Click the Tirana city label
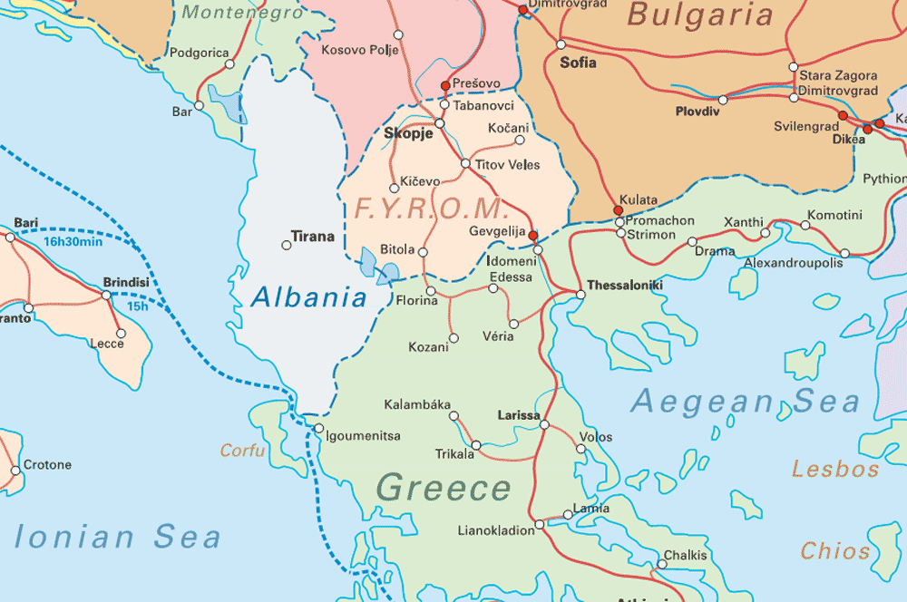tap(312, 238)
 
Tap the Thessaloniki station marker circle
tap(580, 294)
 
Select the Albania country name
tap(309, 296)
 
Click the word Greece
tap(444, 488)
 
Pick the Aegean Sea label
tap(745, 401)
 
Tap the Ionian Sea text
tap(118, 537)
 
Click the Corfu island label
tap(242, 451)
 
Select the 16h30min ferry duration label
tap(73, 242)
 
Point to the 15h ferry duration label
tap(137, 306)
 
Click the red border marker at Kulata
tap(619, 210)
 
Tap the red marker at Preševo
tap(445, 85)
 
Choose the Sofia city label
tap(579, 63)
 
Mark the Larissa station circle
tap(544, 424)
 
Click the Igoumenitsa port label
tap(364, 436)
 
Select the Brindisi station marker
tap(106, 295)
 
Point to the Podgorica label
tap(200, 53)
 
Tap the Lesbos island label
tap(835, 469)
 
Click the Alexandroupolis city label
tap(794, 263)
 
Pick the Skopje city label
tap(409, 133)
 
